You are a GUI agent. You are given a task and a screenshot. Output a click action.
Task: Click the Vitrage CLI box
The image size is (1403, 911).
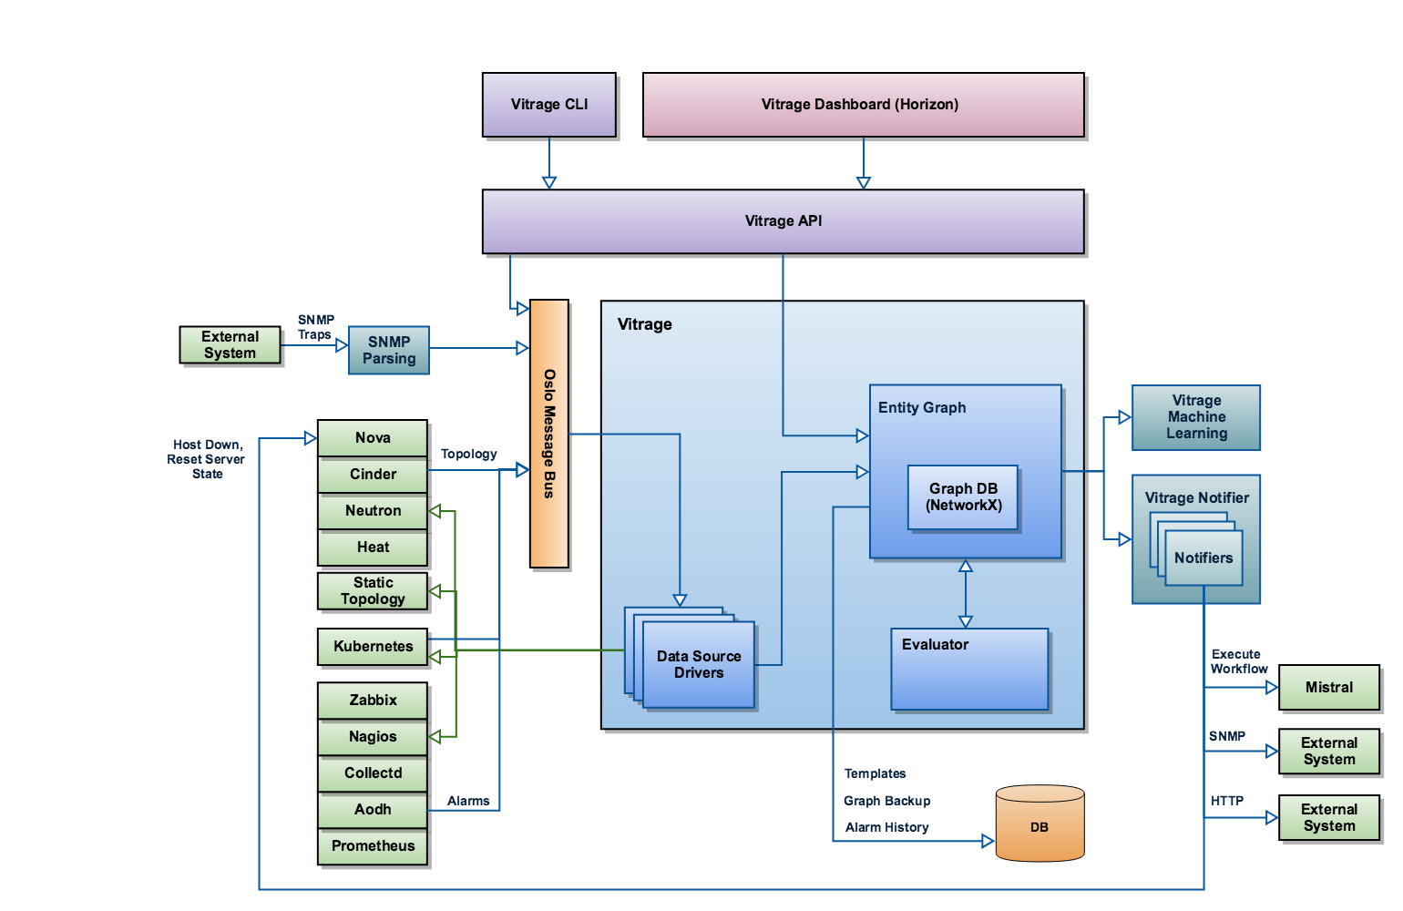(549, 105)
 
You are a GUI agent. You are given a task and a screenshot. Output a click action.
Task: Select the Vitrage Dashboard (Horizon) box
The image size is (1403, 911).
(863, 105)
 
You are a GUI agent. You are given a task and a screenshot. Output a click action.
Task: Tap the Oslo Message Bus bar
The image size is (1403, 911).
(549, 434)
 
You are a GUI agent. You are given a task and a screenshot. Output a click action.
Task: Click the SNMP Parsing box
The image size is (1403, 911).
(389, 350)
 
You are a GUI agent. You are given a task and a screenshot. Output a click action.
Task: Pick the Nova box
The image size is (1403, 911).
(373, 438)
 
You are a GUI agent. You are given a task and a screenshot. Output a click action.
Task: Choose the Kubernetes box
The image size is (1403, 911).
(373, 647)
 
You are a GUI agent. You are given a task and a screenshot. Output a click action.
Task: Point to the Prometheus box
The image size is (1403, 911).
(373, 846)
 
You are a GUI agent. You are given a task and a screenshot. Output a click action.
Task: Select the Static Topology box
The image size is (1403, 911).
(373, 591)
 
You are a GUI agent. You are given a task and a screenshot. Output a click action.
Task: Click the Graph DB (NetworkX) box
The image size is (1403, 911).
(963, 497)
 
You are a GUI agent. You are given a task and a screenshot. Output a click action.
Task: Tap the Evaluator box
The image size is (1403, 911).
(969, 669)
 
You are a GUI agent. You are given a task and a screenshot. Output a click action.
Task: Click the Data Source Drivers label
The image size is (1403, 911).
(699, 665)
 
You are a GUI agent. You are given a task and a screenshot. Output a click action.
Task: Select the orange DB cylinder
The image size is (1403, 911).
(1039, 824)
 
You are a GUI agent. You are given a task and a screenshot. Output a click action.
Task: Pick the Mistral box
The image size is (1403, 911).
(1329, 688)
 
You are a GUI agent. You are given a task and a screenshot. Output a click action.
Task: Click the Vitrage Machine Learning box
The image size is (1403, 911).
(1196, 417)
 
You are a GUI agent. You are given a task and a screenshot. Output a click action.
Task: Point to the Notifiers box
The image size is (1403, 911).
(1203, 558)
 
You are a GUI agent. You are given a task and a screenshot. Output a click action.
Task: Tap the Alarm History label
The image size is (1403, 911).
(886, 828)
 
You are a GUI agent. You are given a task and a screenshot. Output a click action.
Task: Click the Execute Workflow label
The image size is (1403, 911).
(1238, 662)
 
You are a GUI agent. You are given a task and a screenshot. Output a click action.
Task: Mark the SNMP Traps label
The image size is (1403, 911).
(316, 327)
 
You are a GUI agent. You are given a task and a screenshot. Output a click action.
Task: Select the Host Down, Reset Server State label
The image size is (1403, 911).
(207, 460)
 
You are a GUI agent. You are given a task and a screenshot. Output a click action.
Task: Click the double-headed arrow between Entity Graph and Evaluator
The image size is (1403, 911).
(966, 594)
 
